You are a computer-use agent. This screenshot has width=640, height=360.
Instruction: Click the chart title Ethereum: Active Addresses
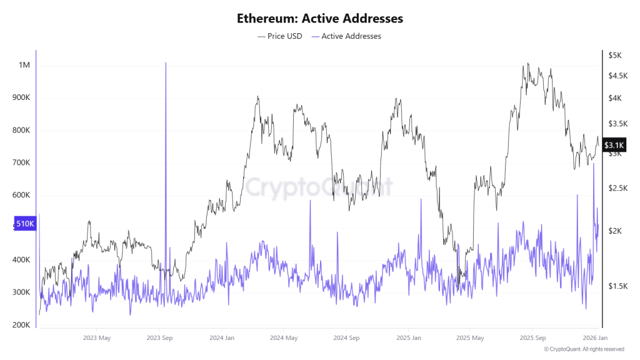pos(319,18)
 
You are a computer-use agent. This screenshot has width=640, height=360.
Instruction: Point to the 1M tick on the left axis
pos(24,66)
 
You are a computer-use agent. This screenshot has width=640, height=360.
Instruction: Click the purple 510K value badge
pos(25,224)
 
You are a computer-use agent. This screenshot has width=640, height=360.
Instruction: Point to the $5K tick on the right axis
pos(615,56)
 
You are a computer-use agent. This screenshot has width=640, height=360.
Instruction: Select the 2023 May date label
pos(97,338)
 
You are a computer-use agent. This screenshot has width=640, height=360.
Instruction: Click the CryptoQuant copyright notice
pos(584,349)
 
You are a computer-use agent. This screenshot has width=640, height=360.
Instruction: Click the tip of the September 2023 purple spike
pos(166,63)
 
